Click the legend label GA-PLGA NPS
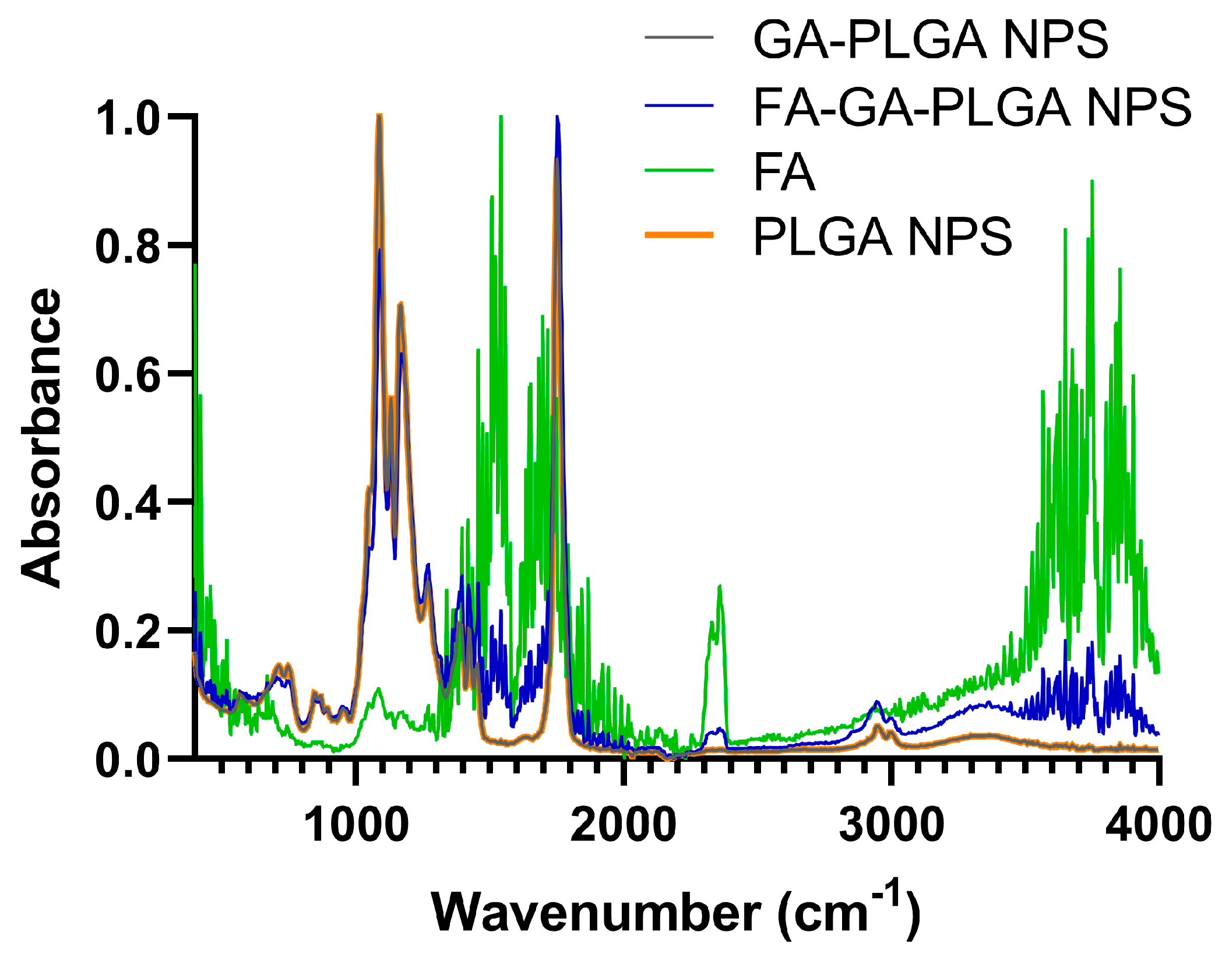pyautogui.click(x=930, y=40)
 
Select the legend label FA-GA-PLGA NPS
pyautogui.click(x=972, y=107)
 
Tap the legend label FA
pyautogui.click(x=784, y=172)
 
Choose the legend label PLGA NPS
pyautogui.click(x=882, y=237)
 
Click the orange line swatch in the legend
pyautogui.click(x=679, y=235)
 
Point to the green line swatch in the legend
pyautogui.click(x=679, y=170)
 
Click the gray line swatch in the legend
pyautogui.click(x=679, y=38)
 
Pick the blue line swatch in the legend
pyautogui.click(x=679, y=105)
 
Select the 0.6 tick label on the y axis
pyautogui.click(x=128, y=375)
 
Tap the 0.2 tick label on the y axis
pyautogui.click(x=128, y=632)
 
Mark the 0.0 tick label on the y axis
pyautogui.click(x=128, y=761)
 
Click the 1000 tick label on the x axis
pyautogui.click(x=356, y=825)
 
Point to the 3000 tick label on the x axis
pyautogui.click(x=891, y=825)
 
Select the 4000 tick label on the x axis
pyautogui.click(x=1158, y=825)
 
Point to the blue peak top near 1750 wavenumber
pyautogui.click(x=557, y=118)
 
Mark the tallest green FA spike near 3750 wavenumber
pyautogui.click(x=1091, y=182)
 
